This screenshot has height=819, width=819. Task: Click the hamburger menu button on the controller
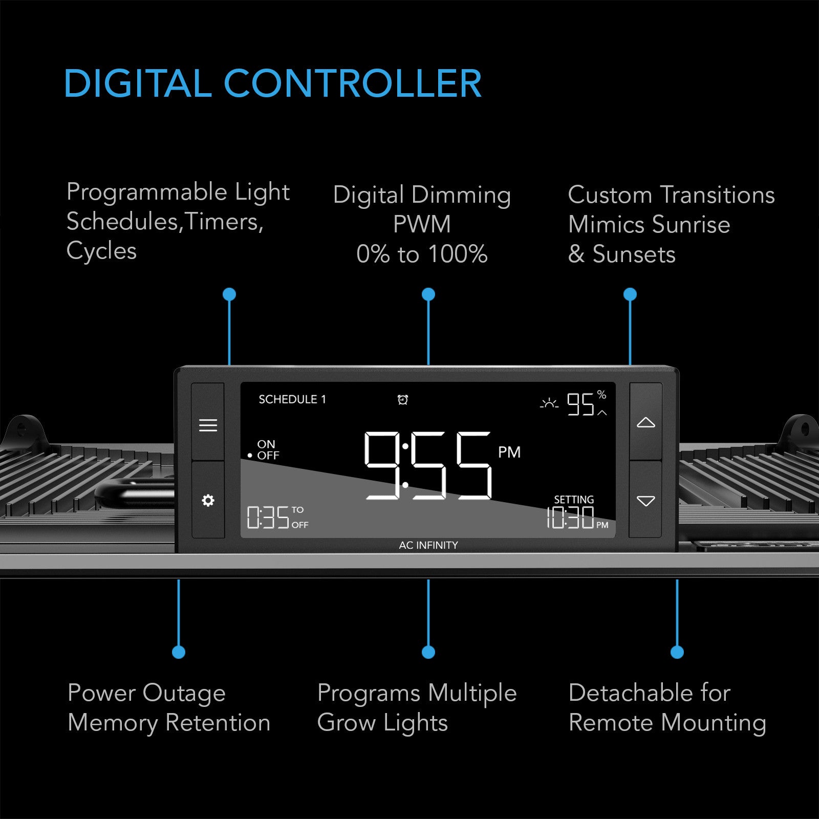[x=208, y=425]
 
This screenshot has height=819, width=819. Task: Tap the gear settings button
[x=208, y=500]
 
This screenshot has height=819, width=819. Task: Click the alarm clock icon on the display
[x=403, y=400]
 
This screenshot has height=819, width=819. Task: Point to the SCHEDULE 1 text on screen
[x=292, y=399]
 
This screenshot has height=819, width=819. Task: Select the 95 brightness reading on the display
[x=580, y=404]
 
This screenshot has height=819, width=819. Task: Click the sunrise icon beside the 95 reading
[x=549, y=404]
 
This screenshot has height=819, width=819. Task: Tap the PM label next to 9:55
[x=509, y=452]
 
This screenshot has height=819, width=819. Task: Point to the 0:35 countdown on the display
[x=268, y=517]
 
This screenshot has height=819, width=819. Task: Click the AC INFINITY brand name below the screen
[x=428, y=545]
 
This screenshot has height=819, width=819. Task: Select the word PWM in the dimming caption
[x=422, y=224]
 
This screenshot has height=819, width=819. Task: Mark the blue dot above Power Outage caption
[x=179, y=652]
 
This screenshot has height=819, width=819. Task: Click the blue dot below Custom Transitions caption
[x=630, y=294]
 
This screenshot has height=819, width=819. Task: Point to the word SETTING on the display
[x=574, y=499]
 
